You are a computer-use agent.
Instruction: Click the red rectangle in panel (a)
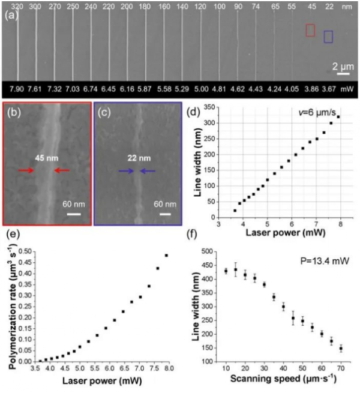[x=310, y=30]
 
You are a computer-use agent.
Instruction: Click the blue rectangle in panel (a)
[x=328, y=37]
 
